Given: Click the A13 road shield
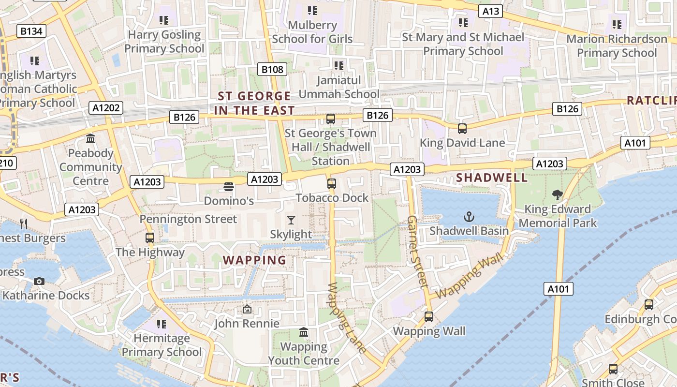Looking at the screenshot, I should (x=490, y=11).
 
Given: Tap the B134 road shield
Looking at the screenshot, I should (x=31, y=31).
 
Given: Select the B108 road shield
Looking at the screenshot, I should (x=272, y=69).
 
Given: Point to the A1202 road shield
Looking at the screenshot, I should (x=106, y=107).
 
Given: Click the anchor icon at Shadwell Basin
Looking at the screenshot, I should (x=469, y=217).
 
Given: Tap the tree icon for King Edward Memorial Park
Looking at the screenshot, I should (x=557, y=195).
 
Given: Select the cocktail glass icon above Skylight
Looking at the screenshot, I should (x=291, y=220).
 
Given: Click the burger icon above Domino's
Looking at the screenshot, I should (x=229, y=186).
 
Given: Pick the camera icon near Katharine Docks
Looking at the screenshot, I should (x=39, y=281).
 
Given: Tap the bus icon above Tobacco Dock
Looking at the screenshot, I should (x=331, y=183).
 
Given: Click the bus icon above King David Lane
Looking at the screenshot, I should (x=462, y=128).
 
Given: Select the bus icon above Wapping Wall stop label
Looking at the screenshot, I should (x=428, y=317).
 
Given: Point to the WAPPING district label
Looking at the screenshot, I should (x=254, y=260).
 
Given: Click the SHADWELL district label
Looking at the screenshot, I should (x=492, y=178).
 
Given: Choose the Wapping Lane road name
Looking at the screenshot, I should (x=347, y=317).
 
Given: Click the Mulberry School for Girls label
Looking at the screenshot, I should (x=312, y=31).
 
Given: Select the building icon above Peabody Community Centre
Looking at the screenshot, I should (x=90, y=139).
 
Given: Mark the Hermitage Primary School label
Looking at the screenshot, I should (x=162, y=344).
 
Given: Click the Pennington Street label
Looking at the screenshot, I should (x=188, y=219).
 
